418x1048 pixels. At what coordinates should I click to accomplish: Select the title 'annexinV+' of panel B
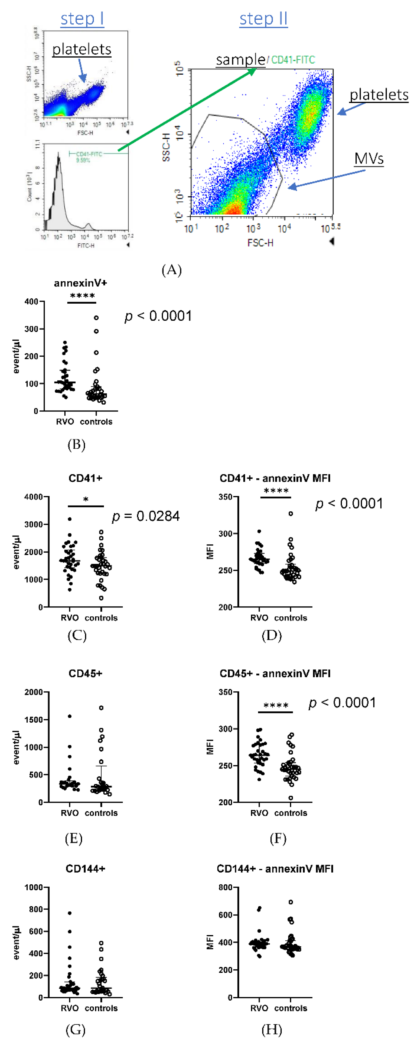[81, 283]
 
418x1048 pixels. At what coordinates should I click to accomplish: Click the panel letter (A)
[171, 270]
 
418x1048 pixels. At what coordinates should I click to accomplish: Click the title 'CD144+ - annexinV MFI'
[275, 869]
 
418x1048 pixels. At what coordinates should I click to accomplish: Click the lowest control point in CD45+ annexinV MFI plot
[291, 798]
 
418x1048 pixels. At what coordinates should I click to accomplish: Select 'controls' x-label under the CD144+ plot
[101, 1008]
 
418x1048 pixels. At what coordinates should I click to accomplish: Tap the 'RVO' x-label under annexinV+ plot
[65, 422]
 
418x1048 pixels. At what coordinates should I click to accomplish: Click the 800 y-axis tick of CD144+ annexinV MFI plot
[225, 887]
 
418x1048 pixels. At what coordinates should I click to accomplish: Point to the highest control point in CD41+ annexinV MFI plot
[291, 514]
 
